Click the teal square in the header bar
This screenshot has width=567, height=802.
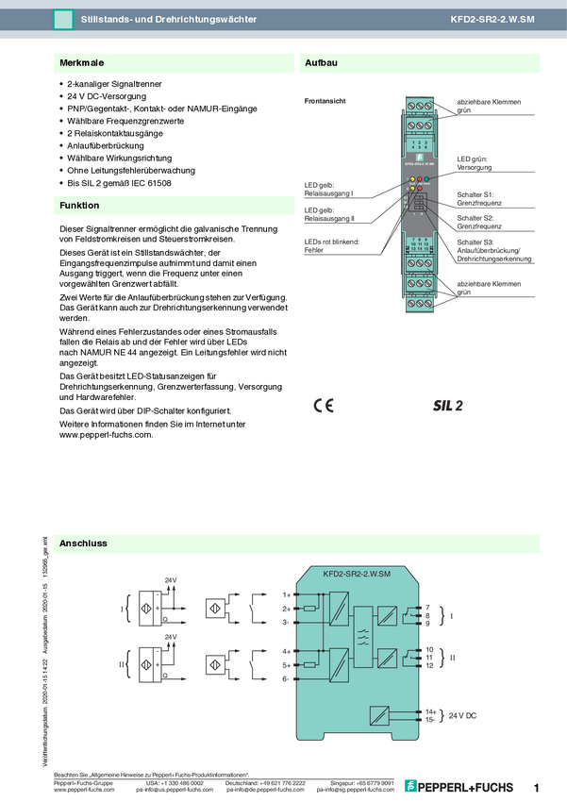coord(63,19)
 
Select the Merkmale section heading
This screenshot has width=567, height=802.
coord(81,63)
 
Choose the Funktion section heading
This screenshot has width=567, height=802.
coord(79,205)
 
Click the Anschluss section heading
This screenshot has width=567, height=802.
coord(83,543)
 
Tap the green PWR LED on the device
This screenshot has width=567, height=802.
coord(427,178)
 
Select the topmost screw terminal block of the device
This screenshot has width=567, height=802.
coord(420,105)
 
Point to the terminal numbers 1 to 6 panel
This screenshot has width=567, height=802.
coord(420,145)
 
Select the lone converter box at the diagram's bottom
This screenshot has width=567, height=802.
coord(379,714)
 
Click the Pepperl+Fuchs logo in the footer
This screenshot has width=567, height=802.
coord(459,786)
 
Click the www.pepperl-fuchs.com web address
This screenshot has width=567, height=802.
coord(85,790)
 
